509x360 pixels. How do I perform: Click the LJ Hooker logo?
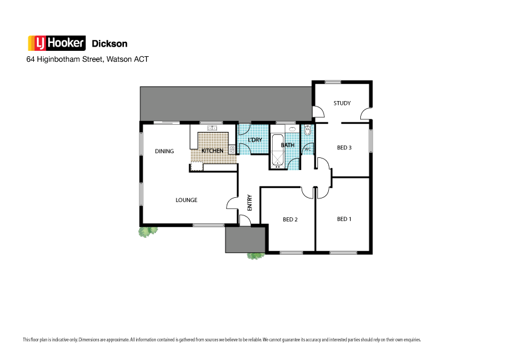(x=56, y=43)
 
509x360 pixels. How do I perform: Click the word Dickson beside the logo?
(x=109, y=44)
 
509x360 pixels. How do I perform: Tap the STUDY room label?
(x=342, y=103)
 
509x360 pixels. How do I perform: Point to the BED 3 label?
(x=344, y=148)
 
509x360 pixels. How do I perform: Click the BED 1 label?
(x=344, y=219)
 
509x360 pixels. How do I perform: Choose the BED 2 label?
(x=290, y=220)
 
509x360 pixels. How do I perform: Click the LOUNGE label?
(x=186, y=200)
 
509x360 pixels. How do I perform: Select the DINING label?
(x=164, y=151)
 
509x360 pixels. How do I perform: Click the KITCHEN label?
(x=212, y=151)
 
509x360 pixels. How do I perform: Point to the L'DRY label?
(x=255, y=140)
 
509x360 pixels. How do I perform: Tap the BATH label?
(x=288, y=145)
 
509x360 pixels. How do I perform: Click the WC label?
(x=307, y=149)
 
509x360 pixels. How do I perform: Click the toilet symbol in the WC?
(x=307, y=130)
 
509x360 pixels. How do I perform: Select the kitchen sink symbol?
(x=212, y=128)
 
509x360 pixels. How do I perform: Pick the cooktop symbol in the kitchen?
(x=232, y=149)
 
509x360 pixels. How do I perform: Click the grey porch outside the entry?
(x=245, y=240)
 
